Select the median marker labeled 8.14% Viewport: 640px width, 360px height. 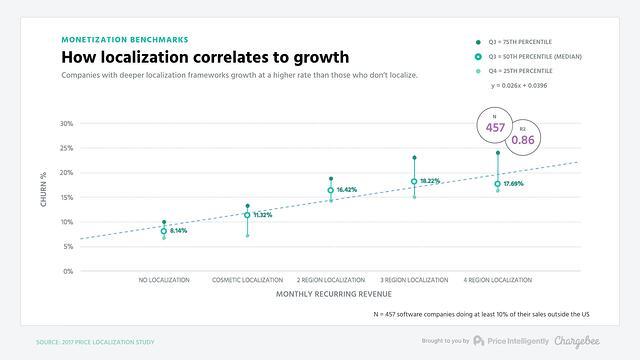coord(164,231)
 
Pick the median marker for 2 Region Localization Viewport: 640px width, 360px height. coord(331,190)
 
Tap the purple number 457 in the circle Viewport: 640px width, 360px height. coord(494,129)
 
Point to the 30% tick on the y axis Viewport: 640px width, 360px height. coord(66,124)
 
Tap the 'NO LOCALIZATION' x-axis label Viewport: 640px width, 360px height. coord(164,280)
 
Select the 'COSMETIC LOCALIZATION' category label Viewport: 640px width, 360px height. coord(247,280)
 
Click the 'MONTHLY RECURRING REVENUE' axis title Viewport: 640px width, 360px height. coord(331,296)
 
